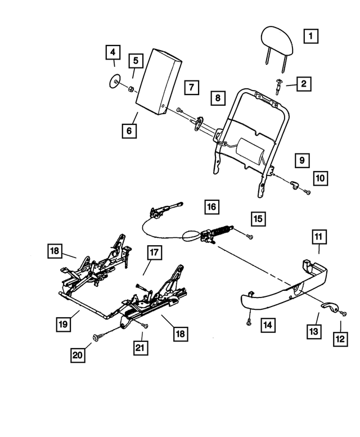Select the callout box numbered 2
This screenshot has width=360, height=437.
click(x=303, y=84)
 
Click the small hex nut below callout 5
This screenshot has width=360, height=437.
click(x=129, y=88)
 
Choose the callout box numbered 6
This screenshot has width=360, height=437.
click(x=129, y=131)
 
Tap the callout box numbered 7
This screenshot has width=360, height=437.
click(x=191, y=87)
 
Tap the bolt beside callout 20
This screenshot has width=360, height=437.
click(x=97, y=336)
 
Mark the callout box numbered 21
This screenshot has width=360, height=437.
click(x=141, y=348)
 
